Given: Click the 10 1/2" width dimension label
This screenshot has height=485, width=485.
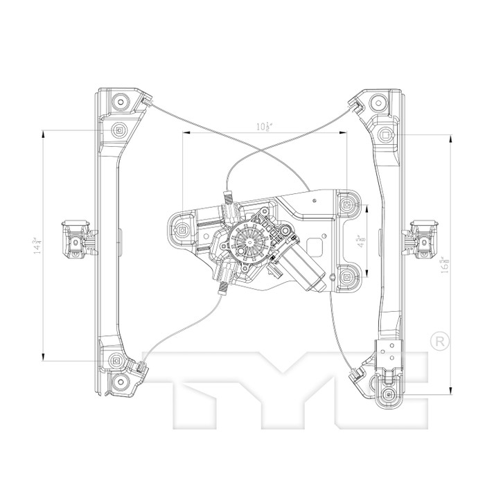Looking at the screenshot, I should click(x=263, y=126).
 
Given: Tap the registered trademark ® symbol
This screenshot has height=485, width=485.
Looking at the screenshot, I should click(x=438, y=341).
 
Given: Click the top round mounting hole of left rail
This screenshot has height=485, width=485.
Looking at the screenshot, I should click(x=119, y=102).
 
